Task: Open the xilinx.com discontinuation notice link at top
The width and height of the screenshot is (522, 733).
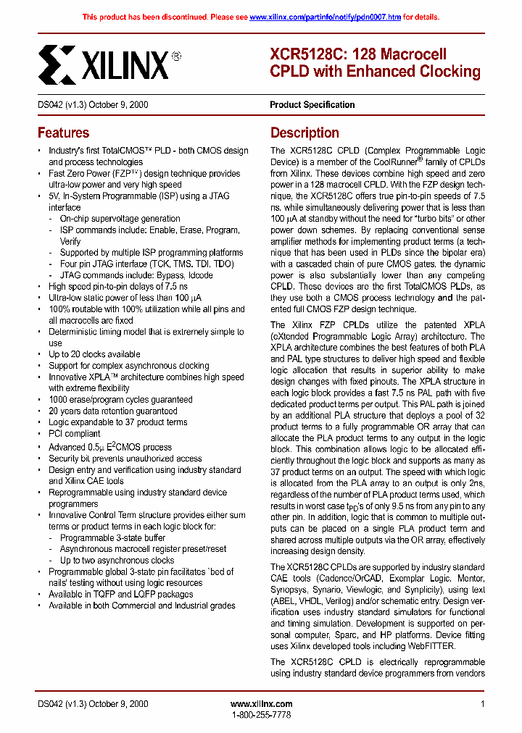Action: point(325,17)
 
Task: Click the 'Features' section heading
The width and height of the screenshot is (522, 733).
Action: point(64,133)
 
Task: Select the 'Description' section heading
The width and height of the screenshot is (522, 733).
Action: point(304,133)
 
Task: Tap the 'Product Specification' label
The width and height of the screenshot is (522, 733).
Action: point(312,104)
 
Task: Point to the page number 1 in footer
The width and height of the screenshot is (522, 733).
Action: point(482,703)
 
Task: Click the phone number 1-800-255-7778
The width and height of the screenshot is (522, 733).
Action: point(261,715)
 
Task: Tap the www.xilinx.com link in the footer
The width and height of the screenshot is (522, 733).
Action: point(261,703)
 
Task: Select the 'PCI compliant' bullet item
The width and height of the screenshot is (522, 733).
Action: point(74,434)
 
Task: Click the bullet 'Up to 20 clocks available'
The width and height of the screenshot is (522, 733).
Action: point(94,354)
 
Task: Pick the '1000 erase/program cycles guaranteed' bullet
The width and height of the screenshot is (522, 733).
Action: point(120,399)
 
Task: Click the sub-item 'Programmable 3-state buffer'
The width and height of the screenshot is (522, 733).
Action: point(112,537)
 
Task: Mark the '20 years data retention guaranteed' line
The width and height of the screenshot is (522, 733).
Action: point(112,411)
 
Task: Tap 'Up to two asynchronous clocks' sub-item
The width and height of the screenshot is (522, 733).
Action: point(117,560)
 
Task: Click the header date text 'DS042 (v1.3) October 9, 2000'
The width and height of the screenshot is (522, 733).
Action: point(93,104)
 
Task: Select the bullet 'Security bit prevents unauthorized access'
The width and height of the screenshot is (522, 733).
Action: point(125,458)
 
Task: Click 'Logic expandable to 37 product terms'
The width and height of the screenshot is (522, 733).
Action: point(117,422)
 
